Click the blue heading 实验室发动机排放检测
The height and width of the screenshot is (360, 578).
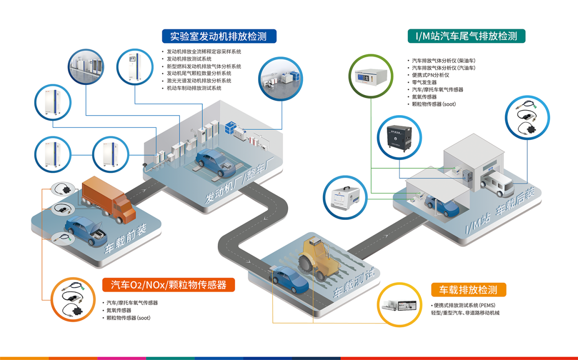tap(220, 36)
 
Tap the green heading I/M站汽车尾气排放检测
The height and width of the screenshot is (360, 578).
tap(466, 36)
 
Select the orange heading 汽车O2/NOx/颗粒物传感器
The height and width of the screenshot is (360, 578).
tap(169, 285)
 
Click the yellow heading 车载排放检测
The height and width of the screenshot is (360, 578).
tap(468, 289)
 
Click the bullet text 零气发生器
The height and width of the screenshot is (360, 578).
tap(424, 82)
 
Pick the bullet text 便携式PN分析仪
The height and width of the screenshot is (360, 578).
tap(430, 75)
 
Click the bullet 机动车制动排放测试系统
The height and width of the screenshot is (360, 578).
tap(194, 88)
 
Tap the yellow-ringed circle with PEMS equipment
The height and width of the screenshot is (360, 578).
tap(399, 305)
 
